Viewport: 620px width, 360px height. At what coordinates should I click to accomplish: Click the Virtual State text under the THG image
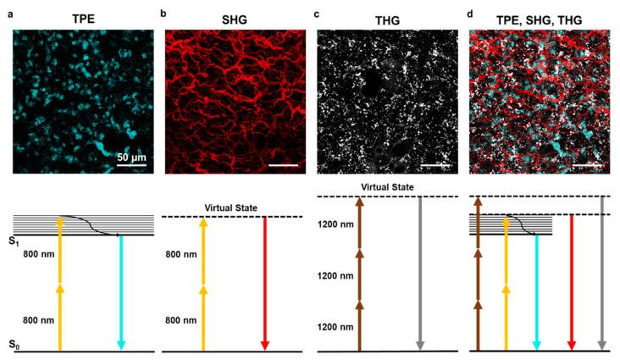click(386, 187)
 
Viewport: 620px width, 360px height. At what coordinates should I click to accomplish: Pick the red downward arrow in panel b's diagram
click(265, 283)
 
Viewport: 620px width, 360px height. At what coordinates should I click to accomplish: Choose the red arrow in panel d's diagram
click(572, 283)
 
